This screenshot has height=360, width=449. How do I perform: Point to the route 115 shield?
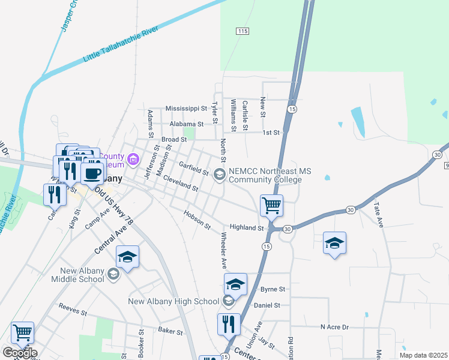click(x=243, y=31)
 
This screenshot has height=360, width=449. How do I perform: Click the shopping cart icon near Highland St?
click(x=272, y=205)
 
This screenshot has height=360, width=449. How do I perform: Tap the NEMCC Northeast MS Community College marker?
click(x=219, y=175)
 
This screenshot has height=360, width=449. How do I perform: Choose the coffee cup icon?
click(x=92, y=173)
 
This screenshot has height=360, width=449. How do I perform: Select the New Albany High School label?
click(x=173, y=301)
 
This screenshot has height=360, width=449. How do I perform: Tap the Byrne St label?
click(x=271, y=289)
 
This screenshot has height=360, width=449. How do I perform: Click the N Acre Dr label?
click(x=334, y=327)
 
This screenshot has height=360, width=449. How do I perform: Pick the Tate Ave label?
click(x=378, y=212)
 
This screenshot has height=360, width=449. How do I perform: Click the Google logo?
click(x=19, y=353)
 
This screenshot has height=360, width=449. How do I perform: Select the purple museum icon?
click(x=133, y=160)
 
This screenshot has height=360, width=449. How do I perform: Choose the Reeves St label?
click(x=73, y=310)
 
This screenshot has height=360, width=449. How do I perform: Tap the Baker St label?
click(x=170, y=330)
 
